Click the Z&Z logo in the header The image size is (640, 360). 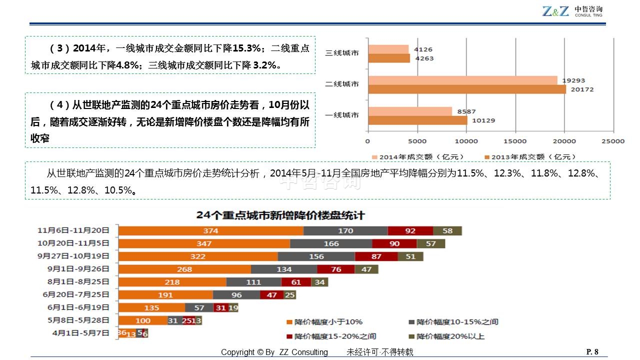click(x=555, y=11)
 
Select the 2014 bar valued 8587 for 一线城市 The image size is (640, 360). click(x=409, y=111)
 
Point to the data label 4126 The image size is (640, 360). click(x=423, y=49)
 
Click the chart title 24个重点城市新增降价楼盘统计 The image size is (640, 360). click(x=280, y=215)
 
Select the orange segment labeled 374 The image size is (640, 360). click(x=210, y=230)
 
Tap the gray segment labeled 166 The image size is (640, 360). click(x=331, y=243)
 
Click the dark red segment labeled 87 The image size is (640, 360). click(x=376, y=256)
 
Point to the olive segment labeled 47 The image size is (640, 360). click(x=366, y=269)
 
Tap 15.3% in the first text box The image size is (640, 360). click(x=248, y=48)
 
